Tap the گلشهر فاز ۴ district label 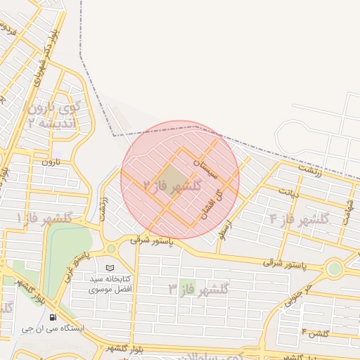pos(299,219)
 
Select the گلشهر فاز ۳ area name pos(199,289)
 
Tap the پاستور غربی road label pos(77,265)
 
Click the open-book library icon pos(109,268)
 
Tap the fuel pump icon pos(54,316)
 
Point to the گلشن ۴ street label pos(314,331)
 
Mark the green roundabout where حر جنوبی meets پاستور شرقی pos(334,269)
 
